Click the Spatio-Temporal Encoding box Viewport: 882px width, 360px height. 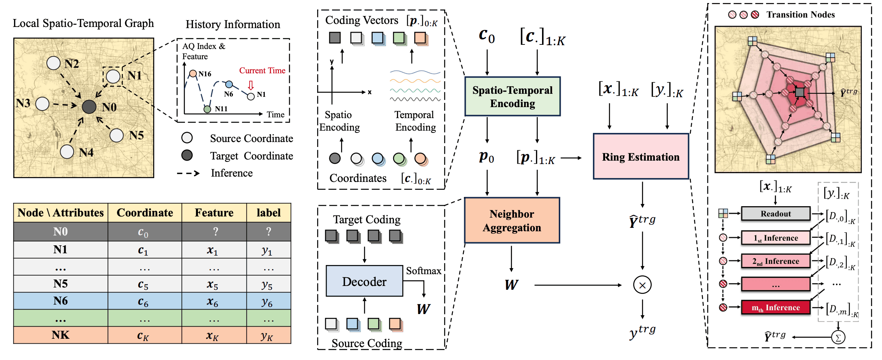(512, 96)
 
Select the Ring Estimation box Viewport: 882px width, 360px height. (641, 156)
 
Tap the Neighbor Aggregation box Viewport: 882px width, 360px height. (512, 220)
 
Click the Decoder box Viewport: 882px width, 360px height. (364, 281)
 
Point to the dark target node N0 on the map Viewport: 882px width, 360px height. (89, 107)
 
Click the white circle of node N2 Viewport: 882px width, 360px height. (54, 63)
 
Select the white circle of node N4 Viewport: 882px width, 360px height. (67, 152)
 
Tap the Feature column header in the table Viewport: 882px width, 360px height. (214, 213)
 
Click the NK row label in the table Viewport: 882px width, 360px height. (60, 335)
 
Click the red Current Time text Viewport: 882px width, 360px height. (262, 71)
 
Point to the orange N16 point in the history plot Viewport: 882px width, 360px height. (193, 73)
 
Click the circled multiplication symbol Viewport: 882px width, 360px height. (642, 285)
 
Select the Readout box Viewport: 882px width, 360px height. (776, 214)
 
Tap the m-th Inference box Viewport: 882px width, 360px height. (776, 308)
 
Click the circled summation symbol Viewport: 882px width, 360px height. (838, 337)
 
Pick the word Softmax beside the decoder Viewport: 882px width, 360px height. (424, 271)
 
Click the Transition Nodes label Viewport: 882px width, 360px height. (800, 14)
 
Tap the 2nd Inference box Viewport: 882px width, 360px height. (776, 261)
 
